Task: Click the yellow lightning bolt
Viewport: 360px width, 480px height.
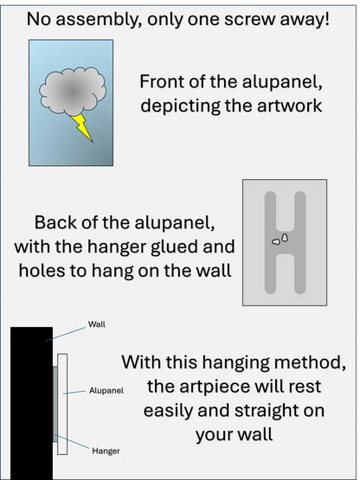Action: pos(81,126)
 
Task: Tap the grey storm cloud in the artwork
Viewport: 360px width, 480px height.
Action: pos(73,91)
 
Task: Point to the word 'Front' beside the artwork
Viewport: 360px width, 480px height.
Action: pos(163,82)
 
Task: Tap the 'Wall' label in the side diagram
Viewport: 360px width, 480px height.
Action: pos(97,324)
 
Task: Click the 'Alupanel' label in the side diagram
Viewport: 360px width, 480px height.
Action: pos(106,391)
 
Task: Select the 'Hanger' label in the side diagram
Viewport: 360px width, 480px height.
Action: pos(106,451)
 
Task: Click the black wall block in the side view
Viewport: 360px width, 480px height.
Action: pos(31,403)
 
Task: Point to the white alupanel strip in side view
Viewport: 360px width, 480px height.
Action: pos(62,404)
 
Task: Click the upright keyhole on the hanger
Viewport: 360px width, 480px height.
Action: pos(285,238)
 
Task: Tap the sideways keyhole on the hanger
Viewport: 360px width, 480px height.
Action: pos(276,242)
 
